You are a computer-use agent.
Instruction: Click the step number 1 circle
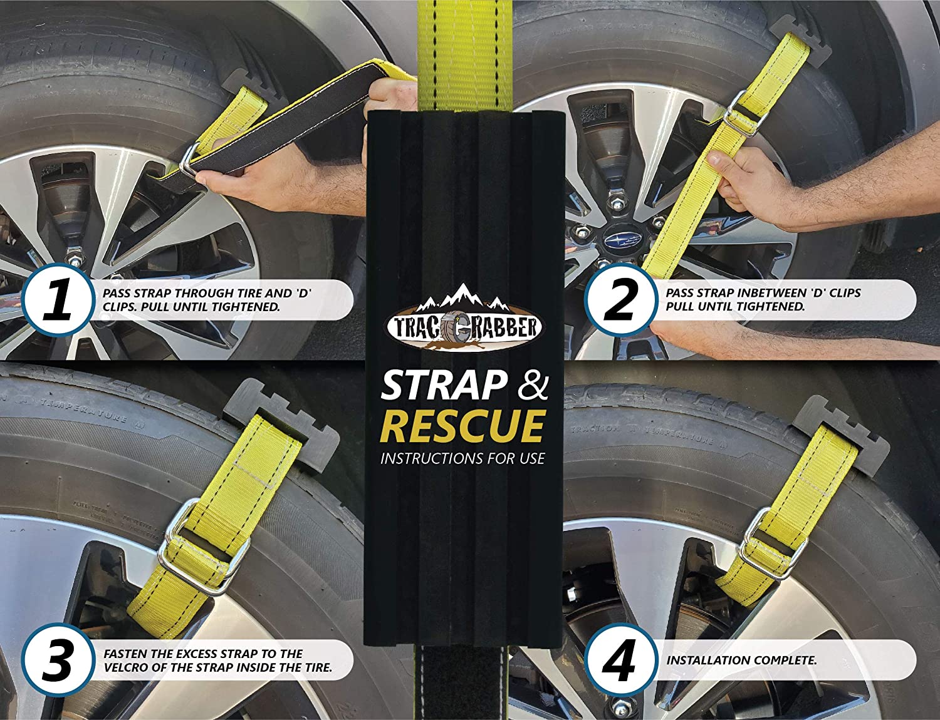(x=58, y=301)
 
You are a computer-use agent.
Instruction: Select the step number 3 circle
(x=58, y=661)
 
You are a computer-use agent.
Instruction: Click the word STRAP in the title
(x=444, y=386)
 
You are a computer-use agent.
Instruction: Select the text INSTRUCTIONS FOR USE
(x=462, y=459)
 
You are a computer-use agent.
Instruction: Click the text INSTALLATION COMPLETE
(x=741, y=661)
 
